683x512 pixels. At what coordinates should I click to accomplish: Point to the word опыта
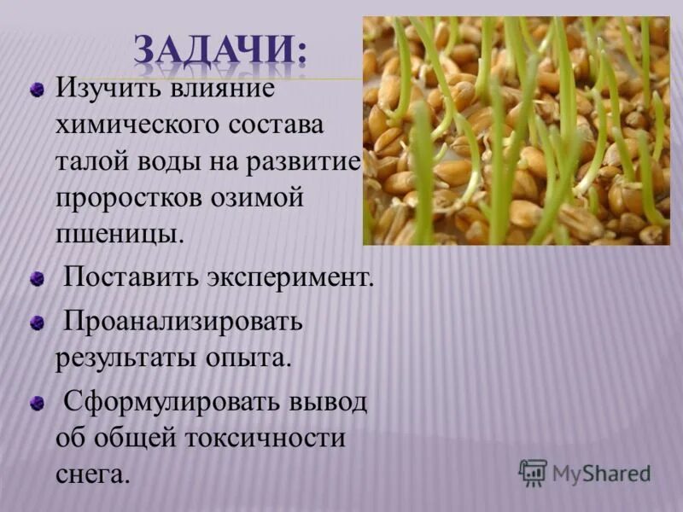click(248, 357)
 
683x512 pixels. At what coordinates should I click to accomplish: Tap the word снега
click(93, 474)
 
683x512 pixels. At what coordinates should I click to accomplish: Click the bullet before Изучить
click(37, 90)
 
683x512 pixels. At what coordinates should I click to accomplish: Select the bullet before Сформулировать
click(37, 402)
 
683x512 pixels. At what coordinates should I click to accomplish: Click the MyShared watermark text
click(601, 473)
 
